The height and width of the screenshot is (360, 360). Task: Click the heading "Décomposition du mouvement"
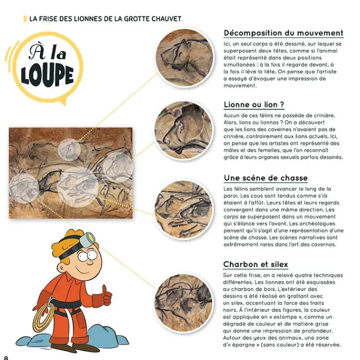tap(283, 33)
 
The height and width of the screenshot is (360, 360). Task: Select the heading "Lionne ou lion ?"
tap(254, 105)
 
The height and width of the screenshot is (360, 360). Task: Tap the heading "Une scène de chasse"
tap(266, 178)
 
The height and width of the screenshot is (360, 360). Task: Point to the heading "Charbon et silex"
tap(255, 265)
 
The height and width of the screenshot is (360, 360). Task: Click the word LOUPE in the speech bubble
tap(47, 75)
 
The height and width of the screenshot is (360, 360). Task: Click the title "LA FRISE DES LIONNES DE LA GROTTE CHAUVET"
tap(105, 19)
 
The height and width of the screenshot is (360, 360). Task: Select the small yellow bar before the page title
tap(25, 19)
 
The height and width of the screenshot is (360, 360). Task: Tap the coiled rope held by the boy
tap(44, 316)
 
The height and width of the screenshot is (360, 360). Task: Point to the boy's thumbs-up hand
tap(105, 298)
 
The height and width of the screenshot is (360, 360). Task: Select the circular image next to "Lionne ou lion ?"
tap(184, 131)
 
